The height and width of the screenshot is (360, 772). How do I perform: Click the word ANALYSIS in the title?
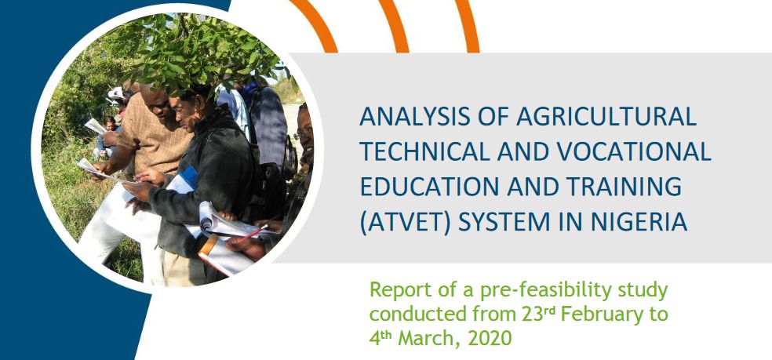[x=406, y=117]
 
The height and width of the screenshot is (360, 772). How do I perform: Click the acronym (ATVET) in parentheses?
[x=406, y=223]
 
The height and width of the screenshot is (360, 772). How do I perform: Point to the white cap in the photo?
[x=116, y=93]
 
